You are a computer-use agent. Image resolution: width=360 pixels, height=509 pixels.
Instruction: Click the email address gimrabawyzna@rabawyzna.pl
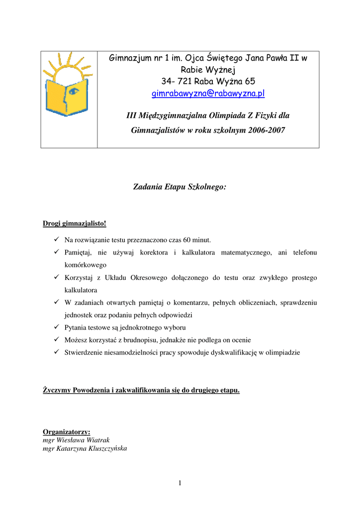tap(208, 93)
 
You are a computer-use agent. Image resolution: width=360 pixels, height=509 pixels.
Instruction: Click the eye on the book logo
tap(74, 91)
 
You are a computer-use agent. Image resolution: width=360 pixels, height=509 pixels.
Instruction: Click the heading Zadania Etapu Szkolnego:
tap(180, 187)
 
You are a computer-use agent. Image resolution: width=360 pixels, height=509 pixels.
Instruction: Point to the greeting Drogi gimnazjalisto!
tap(75, 223)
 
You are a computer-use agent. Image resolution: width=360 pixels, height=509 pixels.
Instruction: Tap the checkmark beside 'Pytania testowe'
tap(57, 327)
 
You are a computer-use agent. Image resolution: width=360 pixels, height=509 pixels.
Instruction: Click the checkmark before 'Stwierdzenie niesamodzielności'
tap(57, 352)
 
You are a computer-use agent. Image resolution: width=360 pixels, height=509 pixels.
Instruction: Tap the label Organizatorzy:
tap(67, 432)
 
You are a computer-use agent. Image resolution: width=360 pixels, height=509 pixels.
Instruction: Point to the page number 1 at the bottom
tap(180, 483)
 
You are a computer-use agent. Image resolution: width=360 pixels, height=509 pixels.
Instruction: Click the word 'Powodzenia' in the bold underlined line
tap(94, 390)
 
